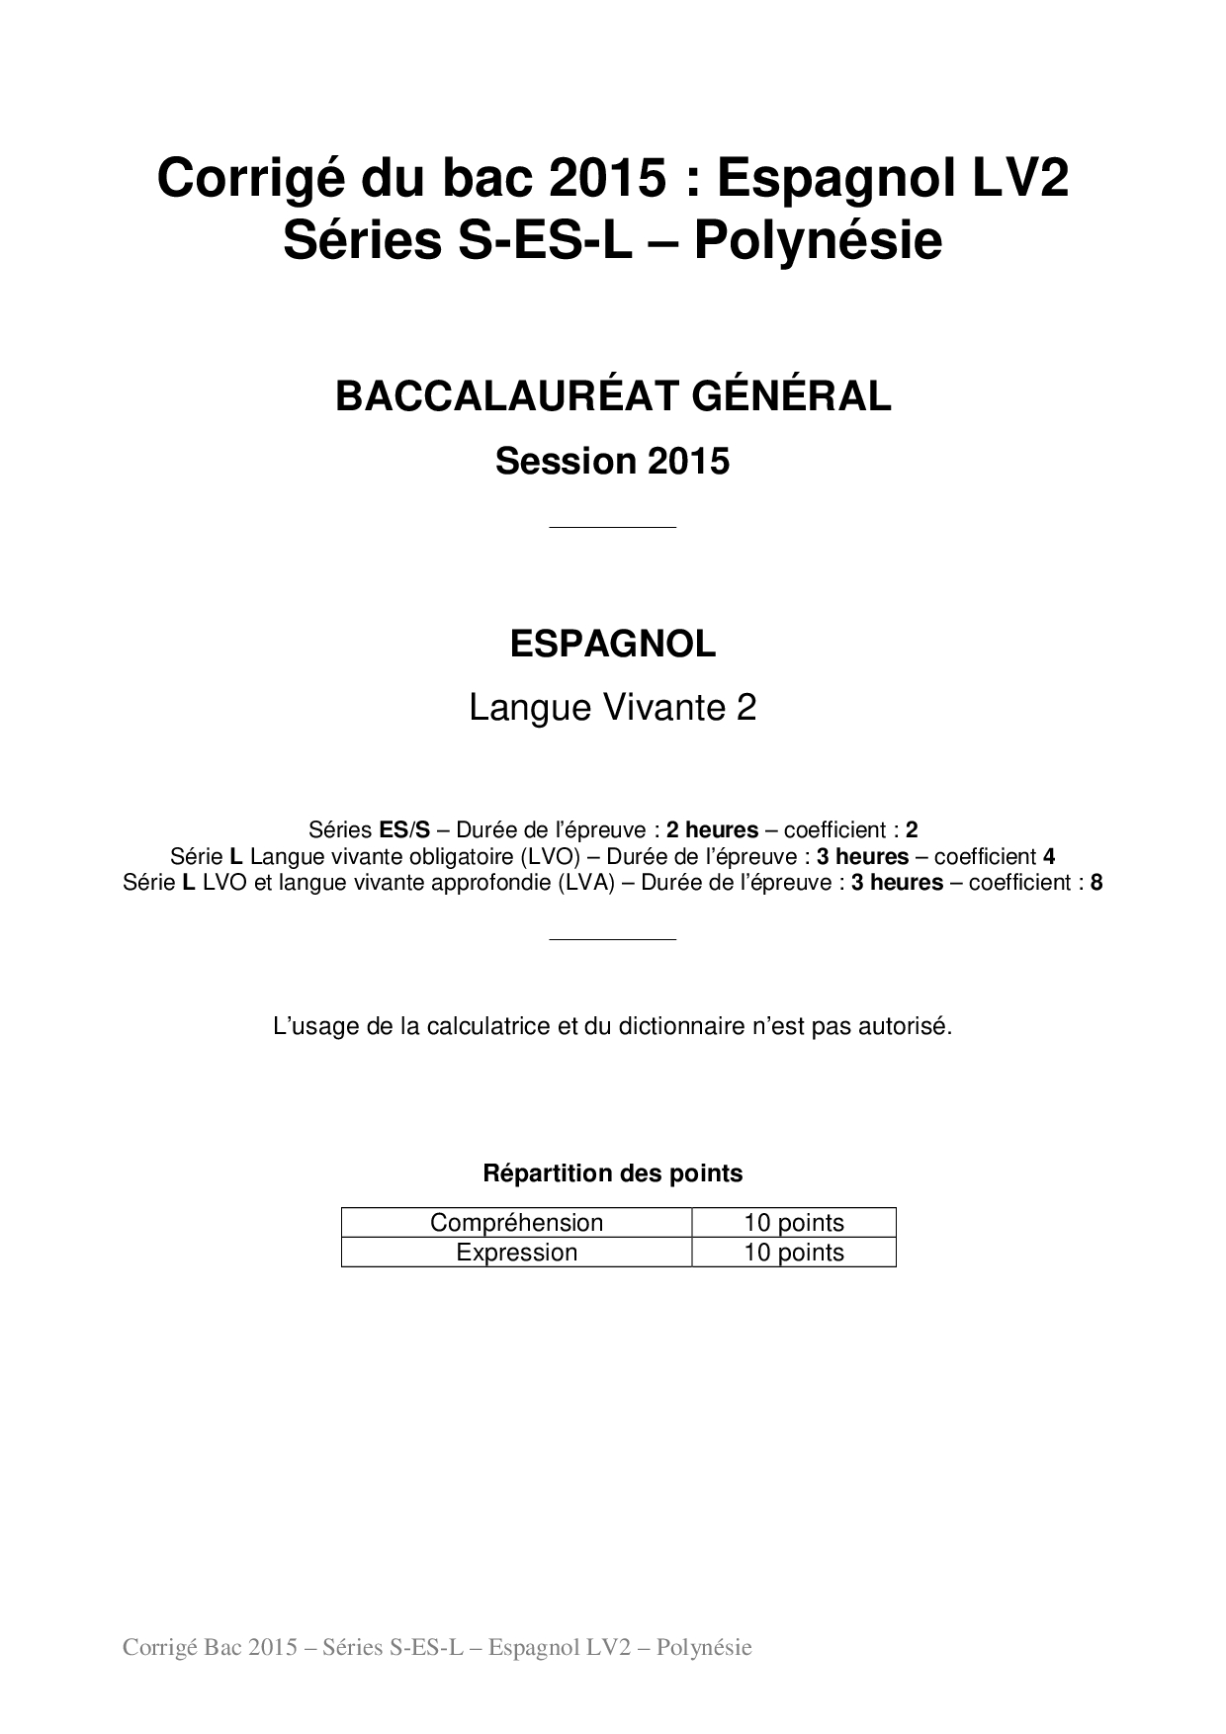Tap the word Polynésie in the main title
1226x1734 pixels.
tap(817, 241)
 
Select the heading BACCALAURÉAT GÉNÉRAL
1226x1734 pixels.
tap(613, 396)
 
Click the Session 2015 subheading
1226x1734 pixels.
tap(613, 461)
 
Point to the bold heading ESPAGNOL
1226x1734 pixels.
tap(613, 645)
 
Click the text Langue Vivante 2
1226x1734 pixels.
tap(613, 708)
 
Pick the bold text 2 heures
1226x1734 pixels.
tap(712, 830)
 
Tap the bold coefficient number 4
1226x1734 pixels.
tap(1049, 856)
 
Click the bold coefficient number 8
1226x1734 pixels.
tap(1096, 883)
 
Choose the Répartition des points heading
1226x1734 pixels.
tap(613, 1173)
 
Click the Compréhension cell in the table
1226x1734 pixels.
tap(516, 1223)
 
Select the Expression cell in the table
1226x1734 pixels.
tap(516, 1253)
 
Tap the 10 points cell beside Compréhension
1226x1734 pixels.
tap(794, 1223)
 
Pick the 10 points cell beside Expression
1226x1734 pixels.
tap(794, 1253)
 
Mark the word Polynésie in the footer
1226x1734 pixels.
tap(704, 1647)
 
